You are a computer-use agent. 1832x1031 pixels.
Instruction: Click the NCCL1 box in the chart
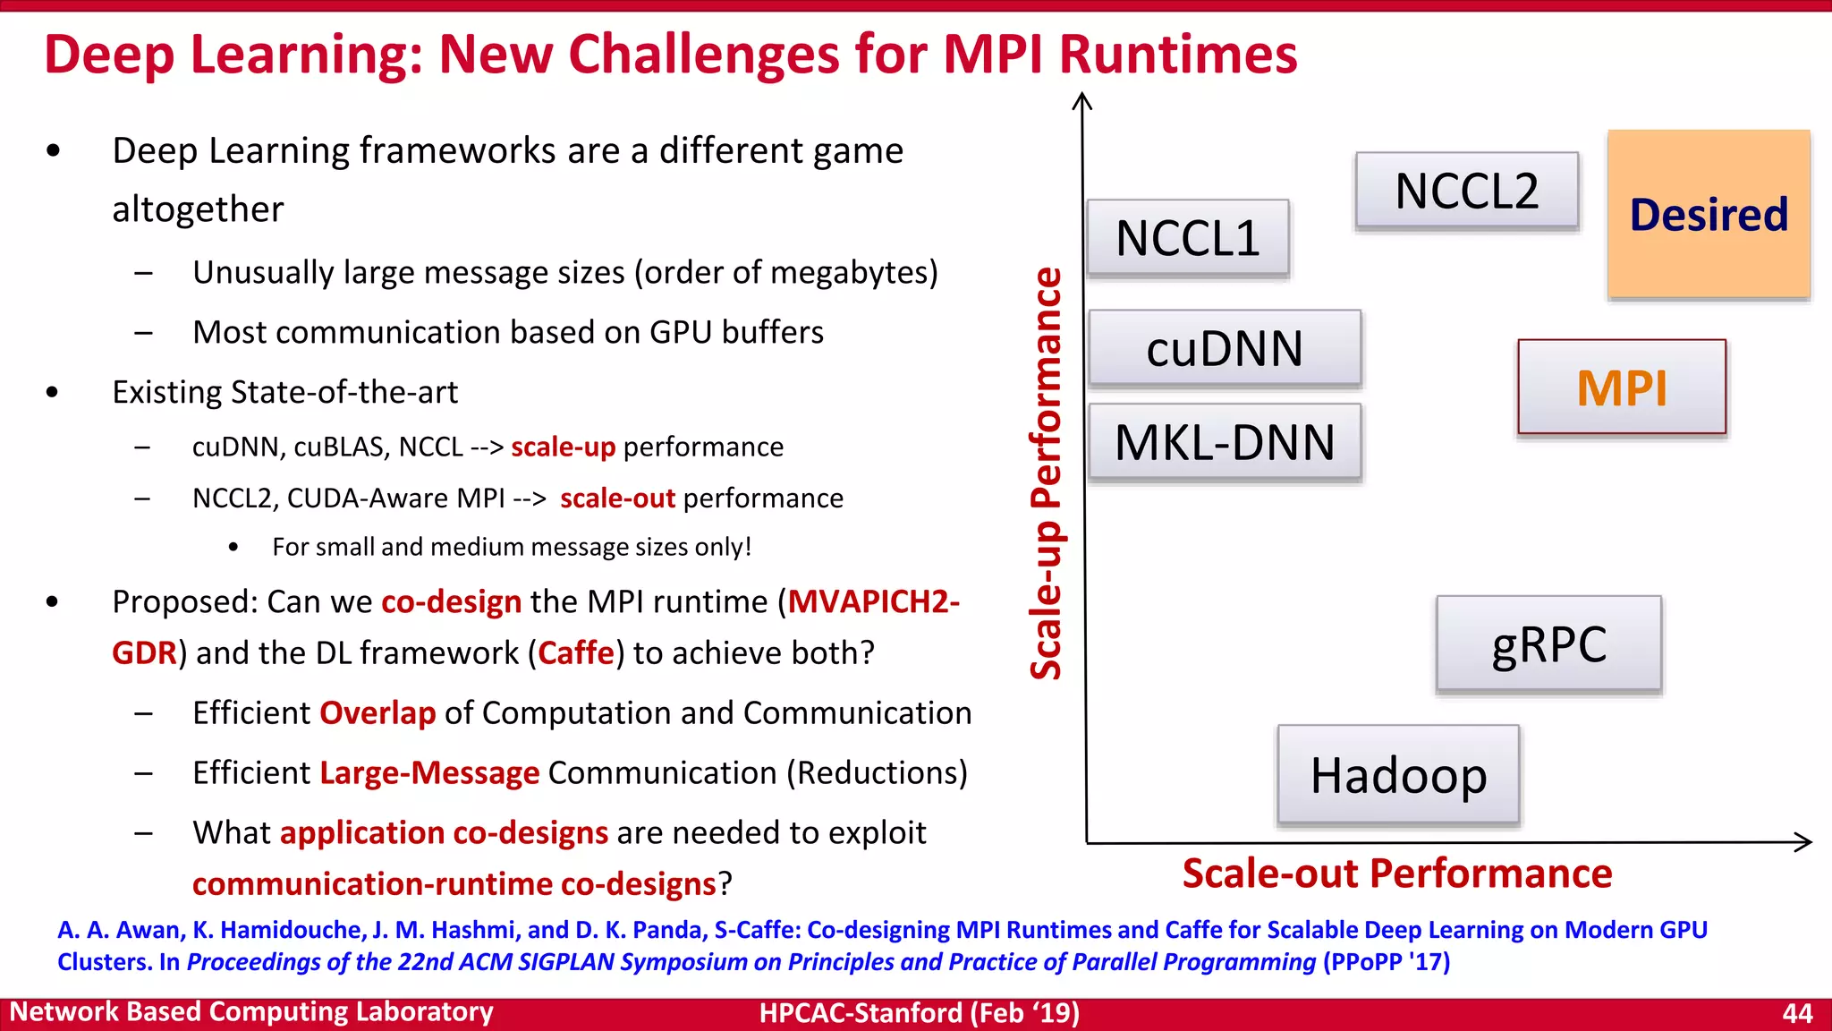coord(1188,238)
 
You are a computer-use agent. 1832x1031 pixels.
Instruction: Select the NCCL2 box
coord(1467,191)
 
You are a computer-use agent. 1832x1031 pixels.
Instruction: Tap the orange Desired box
coord(1709,215)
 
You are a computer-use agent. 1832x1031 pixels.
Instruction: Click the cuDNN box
coord(1225,348)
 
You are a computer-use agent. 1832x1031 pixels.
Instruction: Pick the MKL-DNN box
coord(1225,442)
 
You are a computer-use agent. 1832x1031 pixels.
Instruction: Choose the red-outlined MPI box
coord(1622,388)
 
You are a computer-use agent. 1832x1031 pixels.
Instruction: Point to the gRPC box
coord(1548,644)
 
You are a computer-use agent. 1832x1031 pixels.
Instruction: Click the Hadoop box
coord(1398,775)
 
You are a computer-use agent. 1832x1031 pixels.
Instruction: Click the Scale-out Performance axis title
coord(1396,873)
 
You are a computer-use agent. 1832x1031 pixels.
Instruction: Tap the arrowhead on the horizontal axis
coord(1805,841)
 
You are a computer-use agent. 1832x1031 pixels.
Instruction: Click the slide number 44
coord(1796,1013)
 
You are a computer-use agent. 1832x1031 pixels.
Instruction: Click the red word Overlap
coord(377,713)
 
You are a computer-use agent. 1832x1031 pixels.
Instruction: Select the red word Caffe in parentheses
coord(576,653)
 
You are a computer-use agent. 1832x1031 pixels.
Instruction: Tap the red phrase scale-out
coord(617,498)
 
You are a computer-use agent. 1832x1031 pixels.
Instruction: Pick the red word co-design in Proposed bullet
coord(451,601)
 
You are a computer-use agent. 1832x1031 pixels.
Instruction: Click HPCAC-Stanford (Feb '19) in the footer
coord(919,1013)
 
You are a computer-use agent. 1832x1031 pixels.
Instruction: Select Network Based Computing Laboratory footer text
coord(251,1012)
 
